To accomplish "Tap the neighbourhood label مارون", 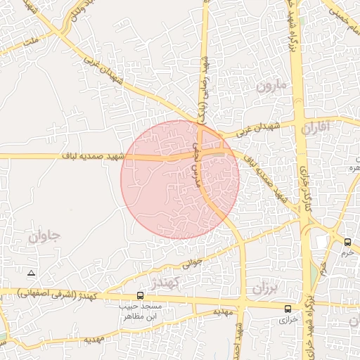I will pos(272,87).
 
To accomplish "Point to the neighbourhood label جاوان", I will pos(45,236).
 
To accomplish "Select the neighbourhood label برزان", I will pos(266,288).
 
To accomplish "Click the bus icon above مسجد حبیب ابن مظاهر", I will pos(141,296).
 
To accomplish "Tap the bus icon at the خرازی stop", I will pos(288,309).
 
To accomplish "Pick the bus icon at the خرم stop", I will pos(348,243).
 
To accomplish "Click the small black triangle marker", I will pos(30,272).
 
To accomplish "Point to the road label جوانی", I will pos(191,264).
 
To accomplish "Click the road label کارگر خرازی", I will pos(304,179).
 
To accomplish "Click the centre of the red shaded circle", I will pos(180,179).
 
